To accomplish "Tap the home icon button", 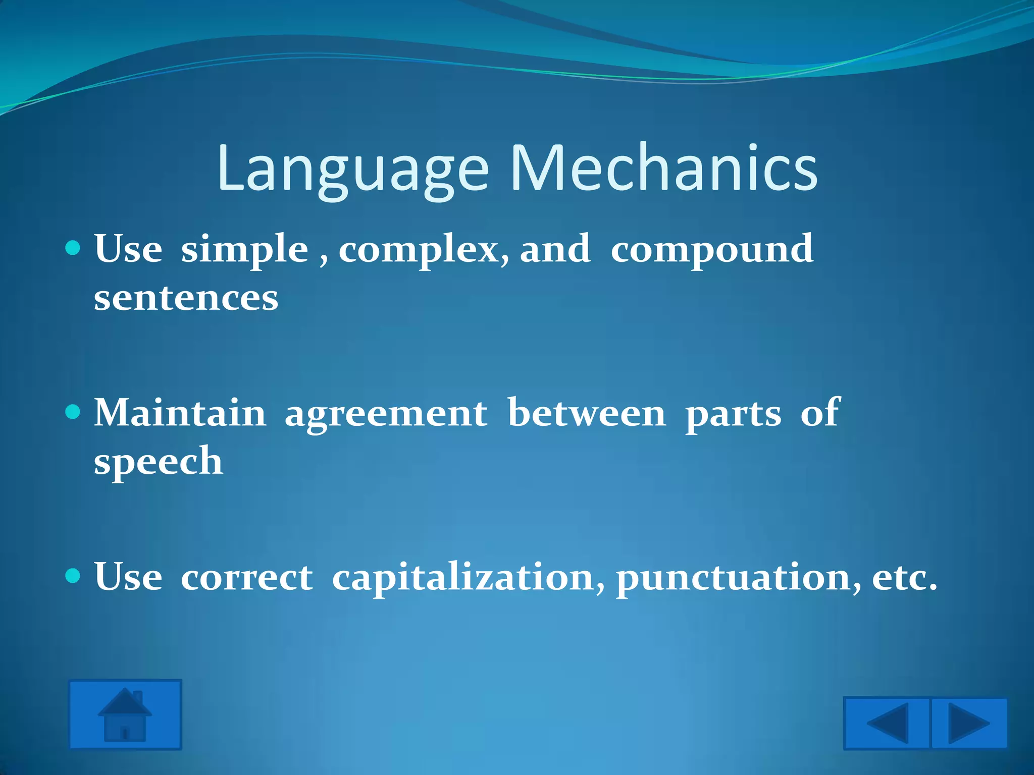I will click(x=125, y=714).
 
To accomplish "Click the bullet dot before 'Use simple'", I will click(x=73, y=248).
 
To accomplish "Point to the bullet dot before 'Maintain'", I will click(x=73, y=412).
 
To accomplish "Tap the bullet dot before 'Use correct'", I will click(x=73, y=575).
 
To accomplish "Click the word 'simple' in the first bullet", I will click(x=244, y=249).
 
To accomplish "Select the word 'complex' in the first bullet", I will click(x=419, y=249).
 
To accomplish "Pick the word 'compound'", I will click(x=712, y=249).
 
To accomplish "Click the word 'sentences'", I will click(x=186, y=298).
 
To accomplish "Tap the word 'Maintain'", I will click(x=180, y=413).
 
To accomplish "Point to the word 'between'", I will click(x=587, y=413).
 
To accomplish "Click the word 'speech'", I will click(x=158, y=461).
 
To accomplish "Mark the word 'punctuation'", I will click(x=734, y=577).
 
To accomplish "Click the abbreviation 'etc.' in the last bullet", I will click(x=904, y=577).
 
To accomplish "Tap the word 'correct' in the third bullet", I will click(x=246, y=577).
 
